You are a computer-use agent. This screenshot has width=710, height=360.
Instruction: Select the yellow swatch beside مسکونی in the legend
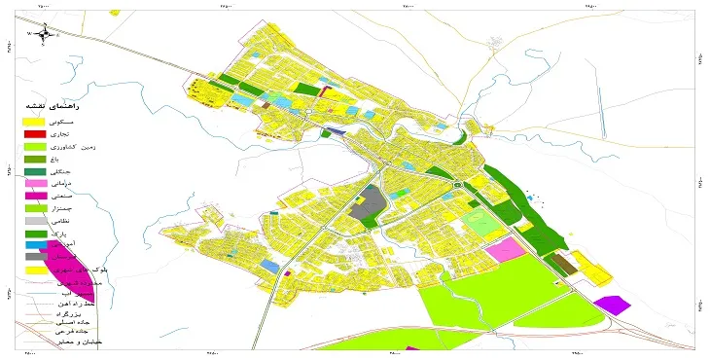pos(35,120)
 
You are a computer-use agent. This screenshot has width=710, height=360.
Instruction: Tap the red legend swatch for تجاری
pos(35,132)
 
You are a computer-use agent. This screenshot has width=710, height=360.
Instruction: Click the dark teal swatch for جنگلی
pos(35,171)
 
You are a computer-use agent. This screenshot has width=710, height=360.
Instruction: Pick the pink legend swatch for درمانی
pos(35,184)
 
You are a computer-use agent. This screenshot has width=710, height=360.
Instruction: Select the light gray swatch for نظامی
pos(35,221)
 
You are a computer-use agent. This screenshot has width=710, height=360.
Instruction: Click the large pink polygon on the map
pos(506,249)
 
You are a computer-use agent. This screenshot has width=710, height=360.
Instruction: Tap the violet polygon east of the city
pos(613,305)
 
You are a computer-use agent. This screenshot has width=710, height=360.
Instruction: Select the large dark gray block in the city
pos(366,204)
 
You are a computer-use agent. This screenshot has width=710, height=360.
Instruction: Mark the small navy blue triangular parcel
pos(334,130)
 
